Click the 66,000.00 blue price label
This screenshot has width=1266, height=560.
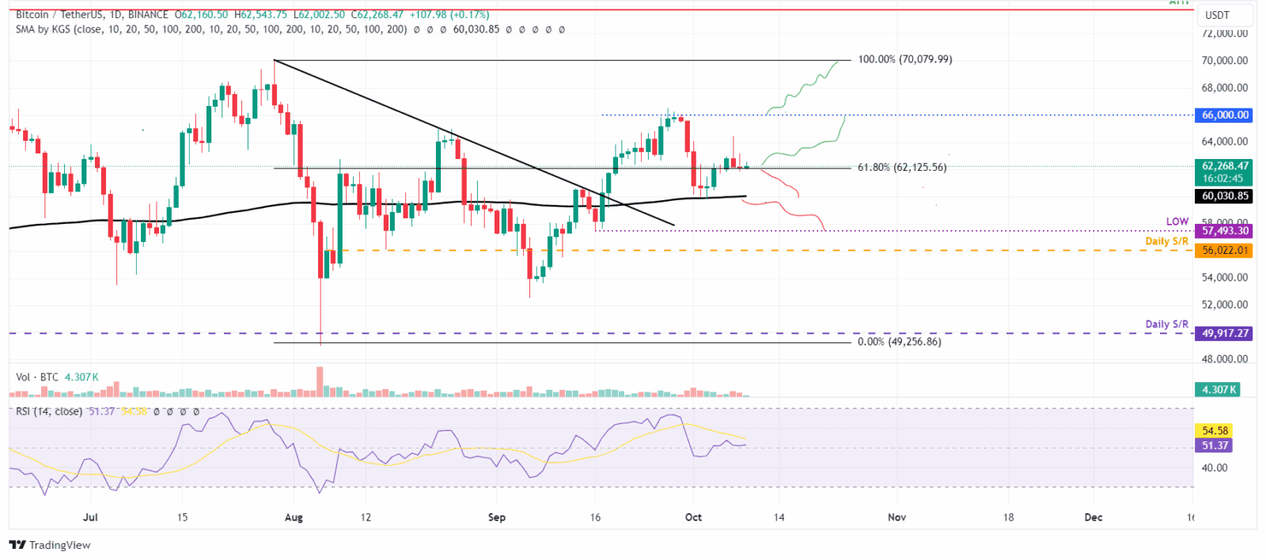tap(1224, 115)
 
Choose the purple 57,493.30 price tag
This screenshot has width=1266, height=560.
tap(1224, 231)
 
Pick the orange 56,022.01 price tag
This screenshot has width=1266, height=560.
tap(1224, 250)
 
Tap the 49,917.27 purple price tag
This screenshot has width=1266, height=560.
tap(1224, 333)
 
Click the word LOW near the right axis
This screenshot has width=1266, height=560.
tap(1177, 221)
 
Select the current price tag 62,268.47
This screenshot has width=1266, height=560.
tap(1224, 166)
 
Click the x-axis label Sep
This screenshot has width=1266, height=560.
tap(496, 517)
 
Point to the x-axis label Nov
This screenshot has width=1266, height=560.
tap(896, 517)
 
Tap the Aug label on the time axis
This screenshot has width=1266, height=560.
tap(294, 517)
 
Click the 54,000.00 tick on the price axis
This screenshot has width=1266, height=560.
tap(1224, 278)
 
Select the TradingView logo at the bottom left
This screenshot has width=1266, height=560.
tap(50, 545)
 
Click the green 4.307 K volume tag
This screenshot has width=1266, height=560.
tap(1218, 389)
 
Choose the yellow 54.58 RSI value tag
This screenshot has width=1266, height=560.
tap(1215, 430)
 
